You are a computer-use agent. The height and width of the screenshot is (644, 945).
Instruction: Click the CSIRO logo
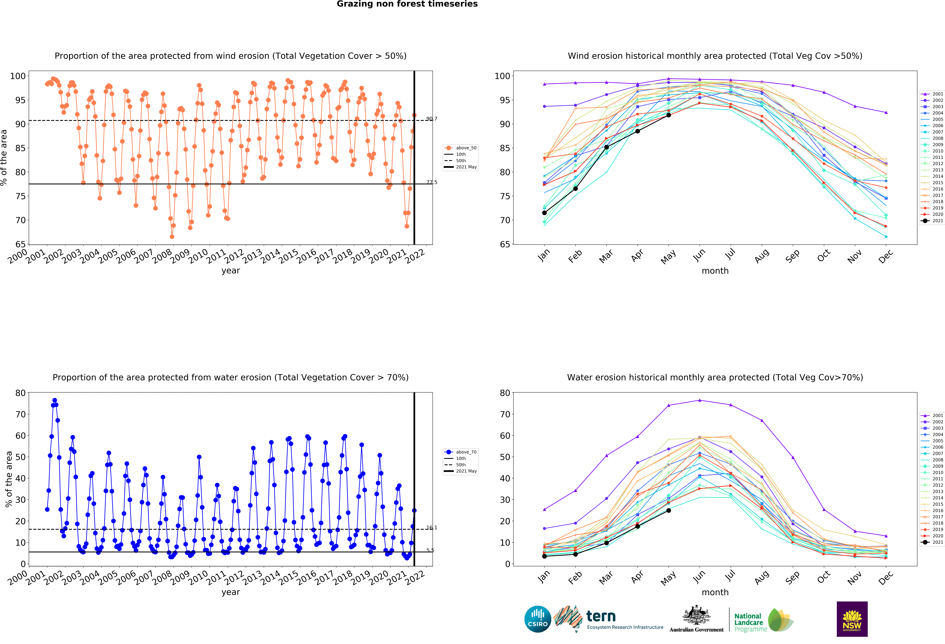click(x=538, y=619)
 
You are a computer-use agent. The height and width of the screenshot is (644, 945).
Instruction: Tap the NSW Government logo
click(x=852, y=619)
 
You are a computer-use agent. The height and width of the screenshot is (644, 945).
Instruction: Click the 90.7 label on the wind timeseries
click(x=431, y=119)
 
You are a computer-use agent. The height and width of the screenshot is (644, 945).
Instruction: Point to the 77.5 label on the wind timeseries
click(x=431, y=182)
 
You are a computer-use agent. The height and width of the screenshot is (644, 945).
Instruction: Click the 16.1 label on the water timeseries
click(x=431, y=528)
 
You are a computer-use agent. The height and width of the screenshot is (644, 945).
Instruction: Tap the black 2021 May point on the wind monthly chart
click(x=668, y=115)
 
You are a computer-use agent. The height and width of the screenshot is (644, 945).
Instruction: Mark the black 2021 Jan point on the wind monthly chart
click(x=544, y=213)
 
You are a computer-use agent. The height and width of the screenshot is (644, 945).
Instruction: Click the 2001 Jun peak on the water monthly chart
click(x=699, y=400)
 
